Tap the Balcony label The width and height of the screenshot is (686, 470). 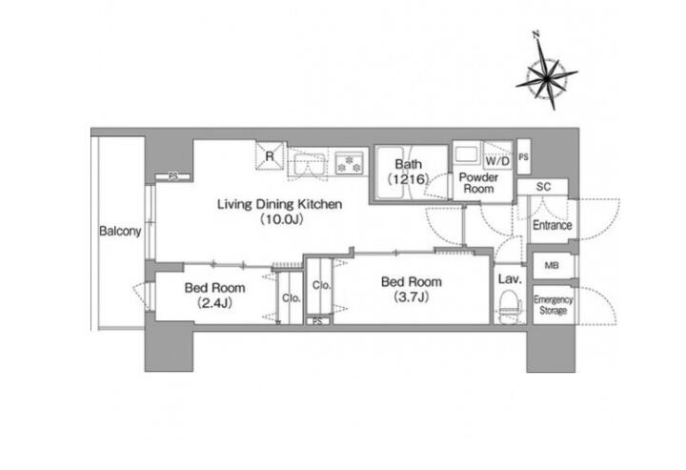(x=120, y=231)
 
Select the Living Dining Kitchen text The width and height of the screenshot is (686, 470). (x=279, y=204)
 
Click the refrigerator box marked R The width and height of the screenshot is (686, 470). (x=270, y=155)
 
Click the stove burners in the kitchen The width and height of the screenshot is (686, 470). (x=350, y=162)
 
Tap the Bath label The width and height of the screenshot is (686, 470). (x=409, y=164)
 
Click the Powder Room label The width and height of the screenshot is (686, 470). (x=478, y=183)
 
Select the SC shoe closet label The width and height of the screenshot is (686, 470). (x=543, y=187)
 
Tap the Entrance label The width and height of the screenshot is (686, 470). (x=552, y=225)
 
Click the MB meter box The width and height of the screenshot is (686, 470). (x=552, y=265)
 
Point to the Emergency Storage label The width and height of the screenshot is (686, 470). (x=553, y=305)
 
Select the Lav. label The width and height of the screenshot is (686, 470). (x=510, y=278)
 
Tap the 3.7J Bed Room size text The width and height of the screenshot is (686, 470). (x=412, y=297)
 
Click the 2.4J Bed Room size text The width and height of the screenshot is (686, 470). (x=214, y=302)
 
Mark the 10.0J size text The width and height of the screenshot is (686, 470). (x=281, y=219)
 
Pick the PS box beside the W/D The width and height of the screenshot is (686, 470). (x=524, y=156)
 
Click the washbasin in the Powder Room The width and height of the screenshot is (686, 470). (x=467, y=154)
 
